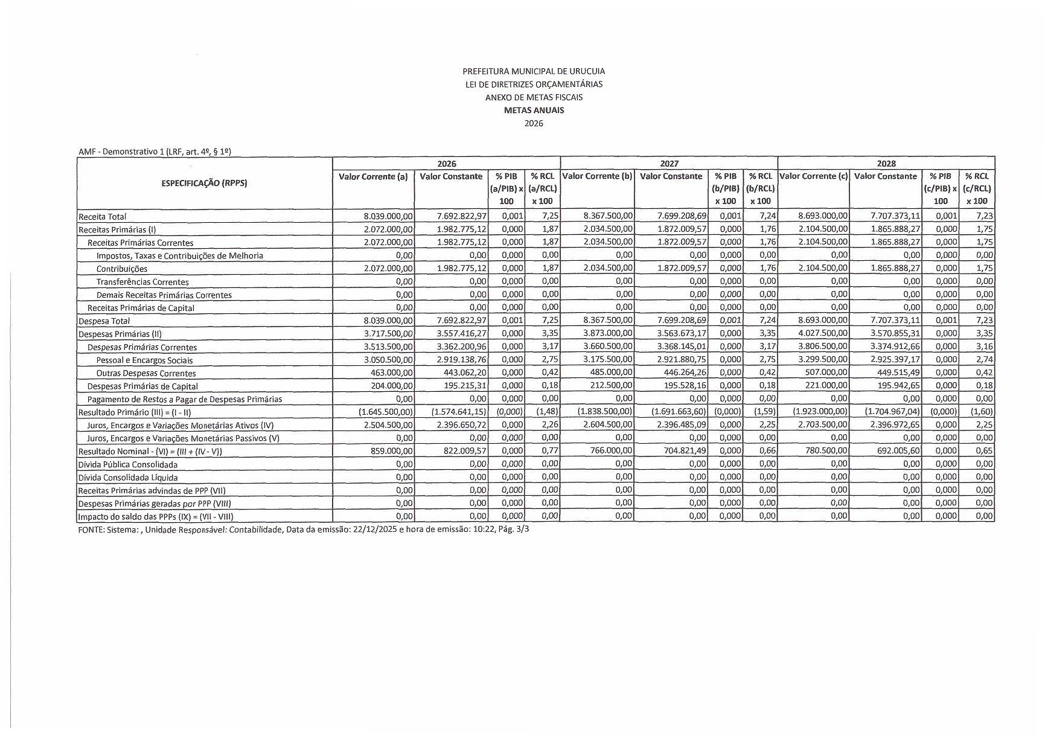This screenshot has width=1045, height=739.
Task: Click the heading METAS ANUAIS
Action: (534, 110)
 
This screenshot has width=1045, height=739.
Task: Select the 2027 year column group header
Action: (669, 164)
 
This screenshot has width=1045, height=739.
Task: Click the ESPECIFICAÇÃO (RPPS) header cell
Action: (204, 184)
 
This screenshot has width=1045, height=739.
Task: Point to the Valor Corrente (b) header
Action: (597, 176)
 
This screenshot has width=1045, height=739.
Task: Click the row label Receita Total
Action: (102, 217)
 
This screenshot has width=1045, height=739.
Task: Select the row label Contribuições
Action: (122, 269)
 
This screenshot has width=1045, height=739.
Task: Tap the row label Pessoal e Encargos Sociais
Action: (144, 360)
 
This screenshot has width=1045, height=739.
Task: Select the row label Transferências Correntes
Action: (142, 282)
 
